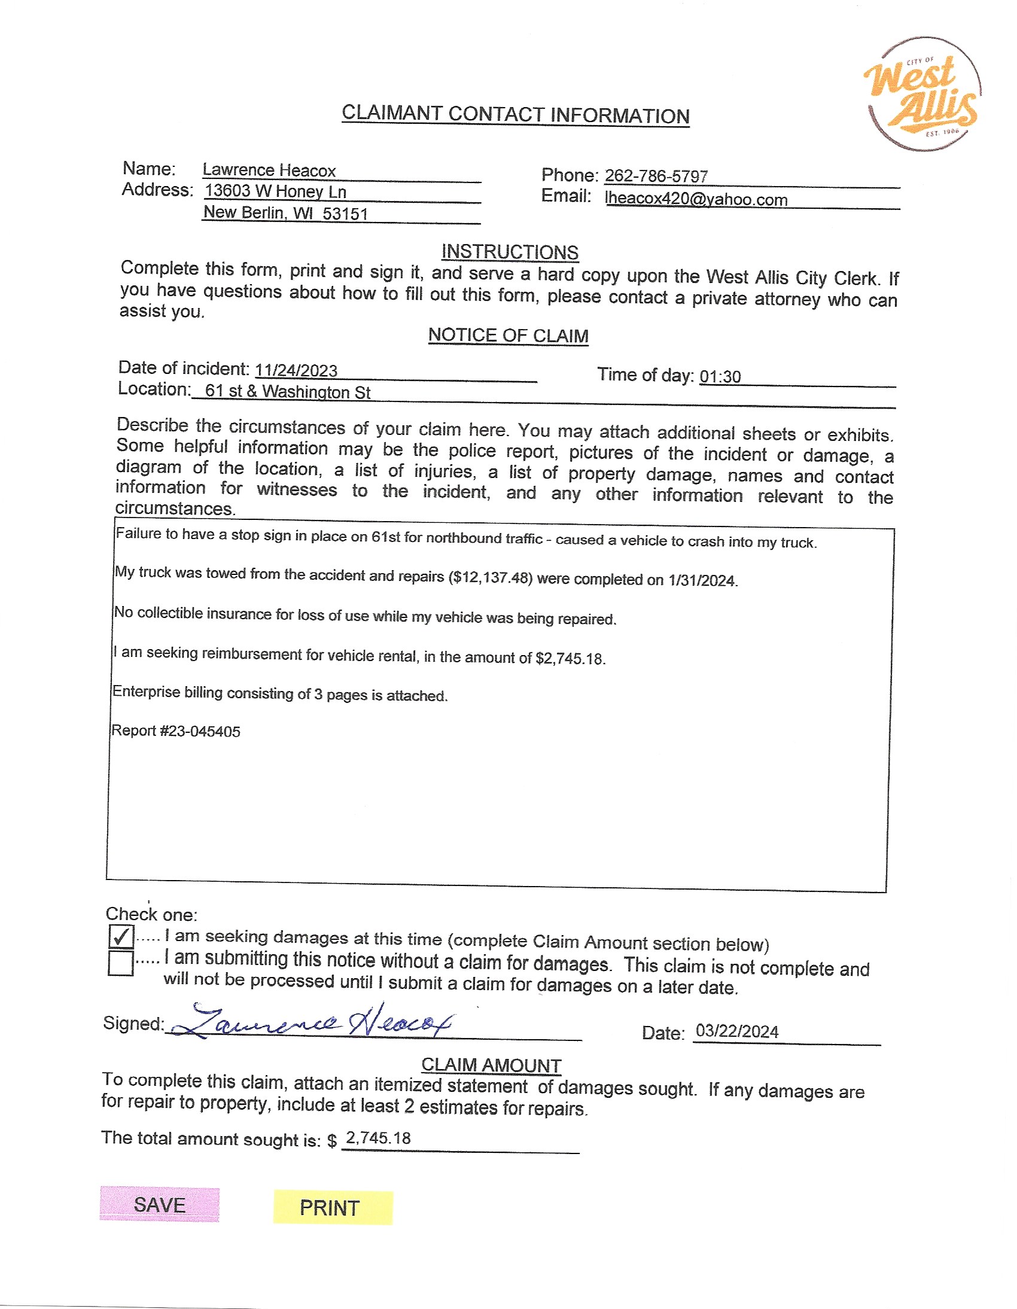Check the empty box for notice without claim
point(121,963)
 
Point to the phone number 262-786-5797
point(656,176)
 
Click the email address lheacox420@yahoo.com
point(696,199)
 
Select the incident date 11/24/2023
point(296,370)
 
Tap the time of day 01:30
point(720,376)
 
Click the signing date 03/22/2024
point(737,1031)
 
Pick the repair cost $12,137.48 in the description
point(490,577)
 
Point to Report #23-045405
point(176,731)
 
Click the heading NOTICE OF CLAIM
point(508,335)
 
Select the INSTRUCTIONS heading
point(510,252)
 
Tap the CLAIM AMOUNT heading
point(491,1065)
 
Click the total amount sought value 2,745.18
point(379,1138)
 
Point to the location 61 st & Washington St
point(288,391)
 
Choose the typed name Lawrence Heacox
point(269,171)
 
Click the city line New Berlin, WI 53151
point(286,213)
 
